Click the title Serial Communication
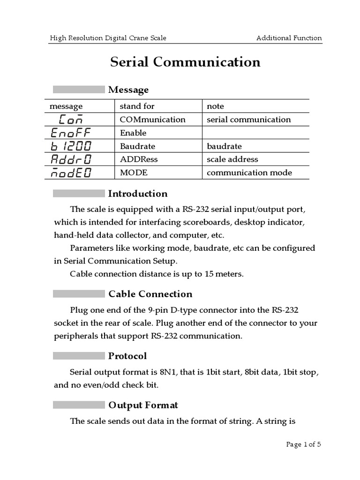tap(185, 62)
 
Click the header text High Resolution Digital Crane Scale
tap(108, 38)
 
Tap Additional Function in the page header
tap(289, 38)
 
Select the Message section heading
tap(128, 90)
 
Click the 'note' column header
tap(216, 106)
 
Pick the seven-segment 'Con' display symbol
tap(71, 120)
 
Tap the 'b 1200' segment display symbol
tap(71, 146)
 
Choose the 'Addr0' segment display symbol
tap(71, 159)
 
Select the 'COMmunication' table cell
tap(153, 120)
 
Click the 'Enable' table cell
tap(133, 133)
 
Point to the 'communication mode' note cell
tap(249, 172)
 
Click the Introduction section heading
tap(138, 194)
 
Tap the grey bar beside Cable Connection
tap(79, 294)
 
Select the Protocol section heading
tap(127, 356)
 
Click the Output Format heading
tap(143, 405)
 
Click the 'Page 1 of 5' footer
tap(304, 444)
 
